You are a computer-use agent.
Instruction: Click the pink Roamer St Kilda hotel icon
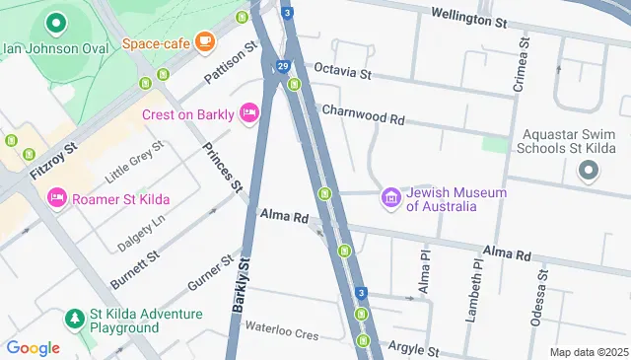(x=56, y=197)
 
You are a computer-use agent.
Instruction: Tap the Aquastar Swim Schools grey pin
(x=589, y=172)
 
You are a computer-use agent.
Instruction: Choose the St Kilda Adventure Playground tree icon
(x=75, y=318)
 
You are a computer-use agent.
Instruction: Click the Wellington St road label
(x=469, y=18)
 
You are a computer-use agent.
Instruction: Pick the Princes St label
(x=222, y=166)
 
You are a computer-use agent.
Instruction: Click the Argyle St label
(x=412, y=347)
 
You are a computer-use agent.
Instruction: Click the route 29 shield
(x=283, y=65)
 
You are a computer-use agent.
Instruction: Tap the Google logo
(x=33, y=348)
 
